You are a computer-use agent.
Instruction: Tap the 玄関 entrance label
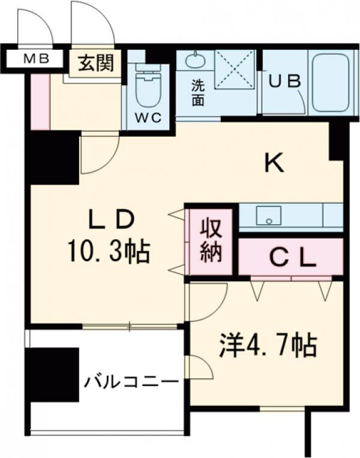click(95, 62)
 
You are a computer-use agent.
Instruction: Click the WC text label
click(148, 118)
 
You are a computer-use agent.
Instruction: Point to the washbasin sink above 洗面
click(194, 61)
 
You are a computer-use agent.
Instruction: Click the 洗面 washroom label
click(197, 92)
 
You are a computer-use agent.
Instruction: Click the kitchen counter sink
click(269, 216)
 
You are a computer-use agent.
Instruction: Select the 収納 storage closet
click(211, 240)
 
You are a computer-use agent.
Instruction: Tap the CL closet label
click(291, 258)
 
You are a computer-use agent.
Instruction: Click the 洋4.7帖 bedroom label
click(267, 346)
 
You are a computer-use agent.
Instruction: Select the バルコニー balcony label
click(130, 381)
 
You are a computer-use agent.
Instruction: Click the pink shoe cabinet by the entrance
click(40, 100)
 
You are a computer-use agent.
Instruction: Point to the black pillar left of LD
click(54, 157)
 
